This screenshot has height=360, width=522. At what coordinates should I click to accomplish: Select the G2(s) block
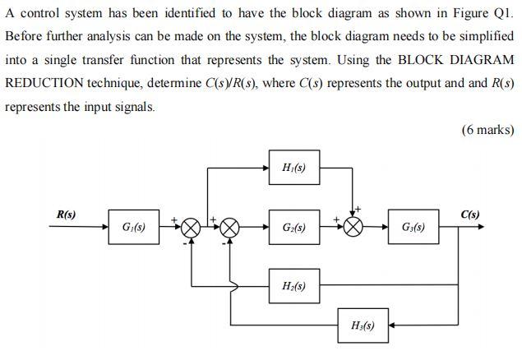tap(293, 227)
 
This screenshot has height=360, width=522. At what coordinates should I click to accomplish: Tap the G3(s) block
tap(413, 227)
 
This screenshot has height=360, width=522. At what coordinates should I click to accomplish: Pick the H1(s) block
tap(293, 168)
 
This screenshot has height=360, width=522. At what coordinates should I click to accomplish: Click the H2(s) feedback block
tap(293, 286)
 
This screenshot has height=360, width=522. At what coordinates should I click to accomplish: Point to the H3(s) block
tap(363, 325)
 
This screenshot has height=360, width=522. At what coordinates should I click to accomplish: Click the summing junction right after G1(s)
tap(191, 228)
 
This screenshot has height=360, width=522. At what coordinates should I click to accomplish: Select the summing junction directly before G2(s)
tap(230, 228)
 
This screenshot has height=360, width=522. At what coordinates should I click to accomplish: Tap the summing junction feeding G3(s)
tap(353, 228)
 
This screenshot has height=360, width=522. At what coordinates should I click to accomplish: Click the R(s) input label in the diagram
tap(66, 215)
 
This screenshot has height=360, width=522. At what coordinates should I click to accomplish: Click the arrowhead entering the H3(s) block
tap(392, 325)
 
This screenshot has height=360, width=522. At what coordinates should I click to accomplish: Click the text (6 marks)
tap(488, 130)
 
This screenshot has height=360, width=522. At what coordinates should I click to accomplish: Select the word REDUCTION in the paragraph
tap(41, 84)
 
